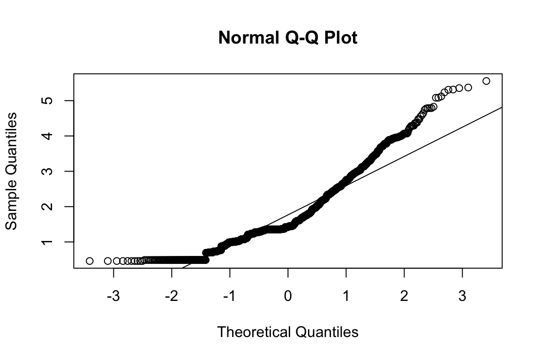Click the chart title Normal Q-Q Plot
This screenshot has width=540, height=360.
click(x=288, y=38)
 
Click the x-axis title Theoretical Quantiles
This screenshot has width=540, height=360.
click(x=288, y=332)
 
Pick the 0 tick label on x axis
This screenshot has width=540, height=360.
click(x=288, y=297)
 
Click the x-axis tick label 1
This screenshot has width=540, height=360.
click(x=346, y=297)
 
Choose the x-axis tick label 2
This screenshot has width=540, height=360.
click(x=404, y=297)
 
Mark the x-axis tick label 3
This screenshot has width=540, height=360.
click(x=462, y=297)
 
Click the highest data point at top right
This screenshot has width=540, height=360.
click(x=486, y=81)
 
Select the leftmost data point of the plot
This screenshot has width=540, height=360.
click(x=90, y=261)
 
